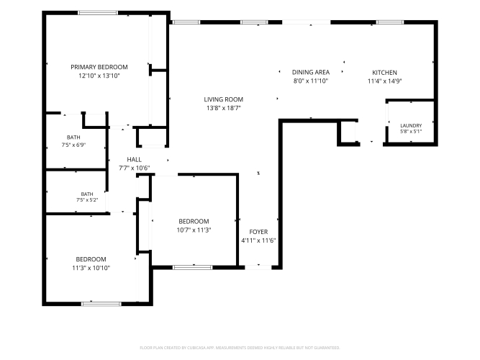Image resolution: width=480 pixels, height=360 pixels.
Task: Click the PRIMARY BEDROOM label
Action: click(99, 67)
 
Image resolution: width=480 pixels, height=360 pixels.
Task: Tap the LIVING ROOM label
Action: click(224, 99)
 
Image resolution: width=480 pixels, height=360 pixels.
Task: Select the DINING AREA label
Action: click(311, 72)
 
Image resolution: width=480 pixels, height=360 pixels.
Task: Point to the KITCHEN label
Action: click(384, 73)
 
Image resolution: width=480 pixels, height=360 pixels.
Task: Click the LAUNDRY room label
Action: click(411, 125)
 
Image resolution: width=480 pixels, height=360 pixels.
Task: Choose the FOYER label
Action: click(258, 232)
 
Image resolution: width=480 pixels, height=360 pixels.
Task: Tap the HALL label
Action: click(134, 160)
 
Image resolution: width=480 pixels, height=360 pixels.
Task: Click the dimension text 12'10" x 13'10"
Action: click(99, 76)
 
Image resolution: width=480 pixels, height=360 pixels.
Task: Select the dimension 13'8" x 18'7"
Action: click(224, 108)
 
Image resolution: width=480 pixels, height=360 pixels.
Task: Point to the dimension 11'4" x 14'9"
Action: click(384, 81)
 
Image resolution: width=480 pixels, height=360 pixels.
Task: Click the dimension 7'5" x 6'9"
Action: click(73, 145)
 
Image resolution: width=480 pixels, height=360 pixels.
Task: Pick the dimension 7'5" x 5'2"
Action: click(87, 200)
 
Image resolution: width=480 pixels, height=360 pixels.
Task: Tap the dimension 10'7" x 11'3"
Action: click(194, 230)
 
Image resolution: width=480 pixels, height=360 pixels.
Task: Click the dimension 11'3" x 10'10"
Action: click(91, 268)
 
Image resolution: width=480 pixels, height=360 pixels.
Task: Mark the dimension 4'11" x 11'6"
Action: click(258, 240)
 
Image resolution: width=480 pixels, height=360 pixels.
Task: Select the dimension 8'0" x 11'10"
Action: click(311, 81)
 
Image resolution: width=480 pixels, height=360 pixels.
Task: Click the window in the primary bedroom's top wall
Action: click(98, 13)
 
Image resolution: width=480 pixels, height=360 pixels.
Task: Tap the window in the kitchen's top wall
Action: click(390, 22)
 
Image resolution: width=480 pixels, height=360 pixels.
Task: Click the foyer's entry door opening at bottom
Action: click(258, 267)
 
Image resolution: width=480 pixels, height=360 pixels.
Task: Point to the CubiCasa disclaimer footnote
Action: click(240, 348)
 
